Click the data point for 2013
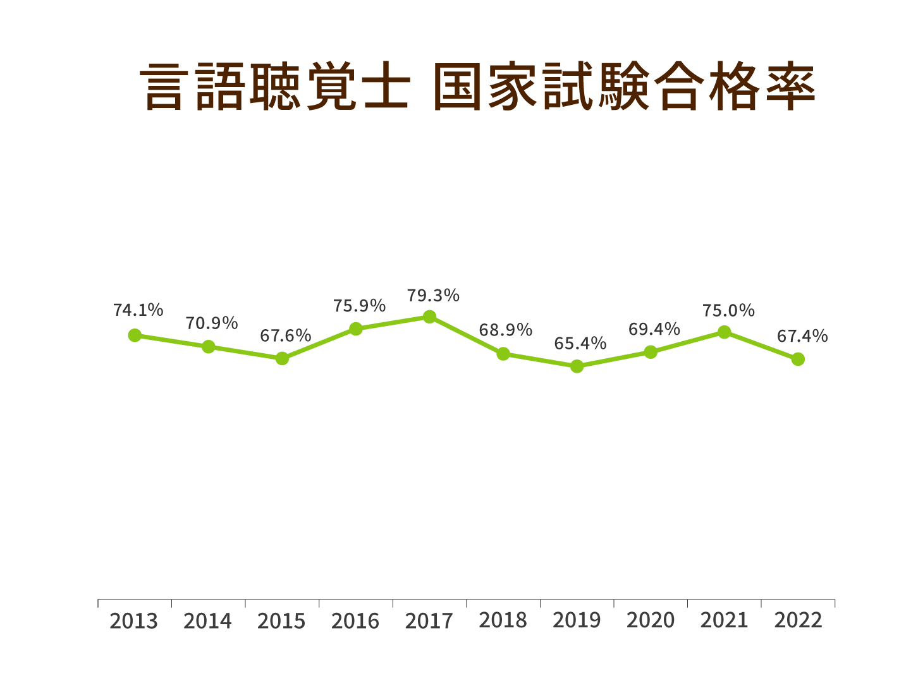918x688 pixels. tap(135, 335)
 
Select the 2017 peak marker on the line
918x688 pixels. tap(429, 317)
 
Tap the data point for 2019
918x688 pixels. tap(577, 366)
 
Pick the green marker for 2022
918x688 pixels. tap(798, 359)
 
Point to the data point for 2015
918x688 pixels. tap(282, 358)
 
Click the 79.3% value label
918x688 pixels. tap(433, 296)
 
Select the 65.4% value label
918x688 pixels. tap(580, 344)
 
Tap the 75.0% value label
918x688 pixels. tap(728, 311)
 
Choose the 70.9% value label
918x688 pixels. tap(212, 323)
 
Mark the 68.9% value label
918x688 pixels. tap(506, 330)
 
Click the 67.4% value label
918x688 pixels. tap(802, 337)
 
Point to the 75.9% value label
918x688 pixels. tap(359, 306)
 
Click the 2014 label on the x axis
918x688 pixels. tap(208, 621)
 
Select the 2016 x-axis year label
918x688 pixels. tap(355, 621)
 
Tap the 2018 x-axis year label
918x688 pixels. tap(503, 621)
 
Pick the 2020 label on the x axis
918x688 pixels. tap(651, 621)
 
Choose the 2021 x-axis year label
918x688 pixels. tap(724, 621)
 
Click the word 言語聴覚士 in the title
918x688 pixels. tap(275, 87)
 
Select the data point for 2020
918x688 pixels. tap(651, 352)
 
